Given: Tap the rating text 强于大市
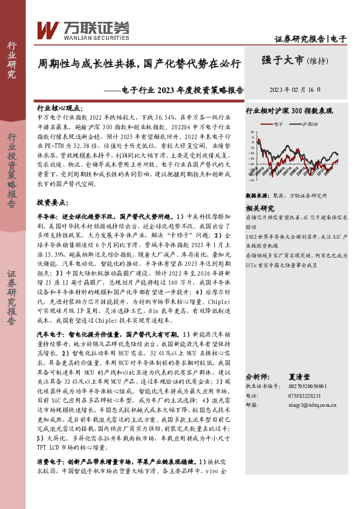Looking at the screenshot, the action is tap(283, 60).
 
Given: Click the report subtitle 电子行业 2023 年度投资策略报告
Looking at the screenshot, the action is tap(182, 89).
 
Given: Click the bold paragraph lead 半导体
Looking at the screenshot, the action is tap(47, 199).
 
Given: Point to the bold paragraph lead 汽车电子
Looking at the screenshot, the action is tap(51, 334).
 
